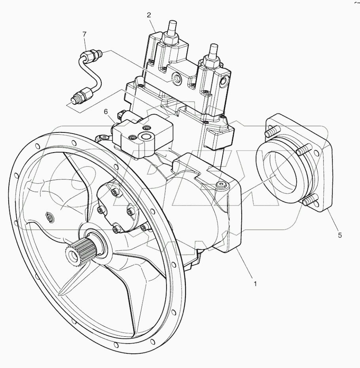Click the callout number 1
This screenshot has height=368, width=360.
pyautogui.click(x=255, y=283)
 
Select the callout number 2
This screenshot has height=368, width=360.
pyautogui.click(x=149, y=15)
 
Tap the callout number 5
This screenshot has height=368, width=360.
pyautogui.click(x=339, y=235)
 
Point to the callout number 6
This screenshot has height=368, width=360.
pyautogui.click(x=106, y=112)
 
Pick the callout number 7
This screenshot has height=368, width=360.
pyautogui.click(x=84, y=35)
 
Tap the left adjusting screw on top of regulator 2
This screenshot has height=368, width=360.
pyautogui.click(x=172, y=29)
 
